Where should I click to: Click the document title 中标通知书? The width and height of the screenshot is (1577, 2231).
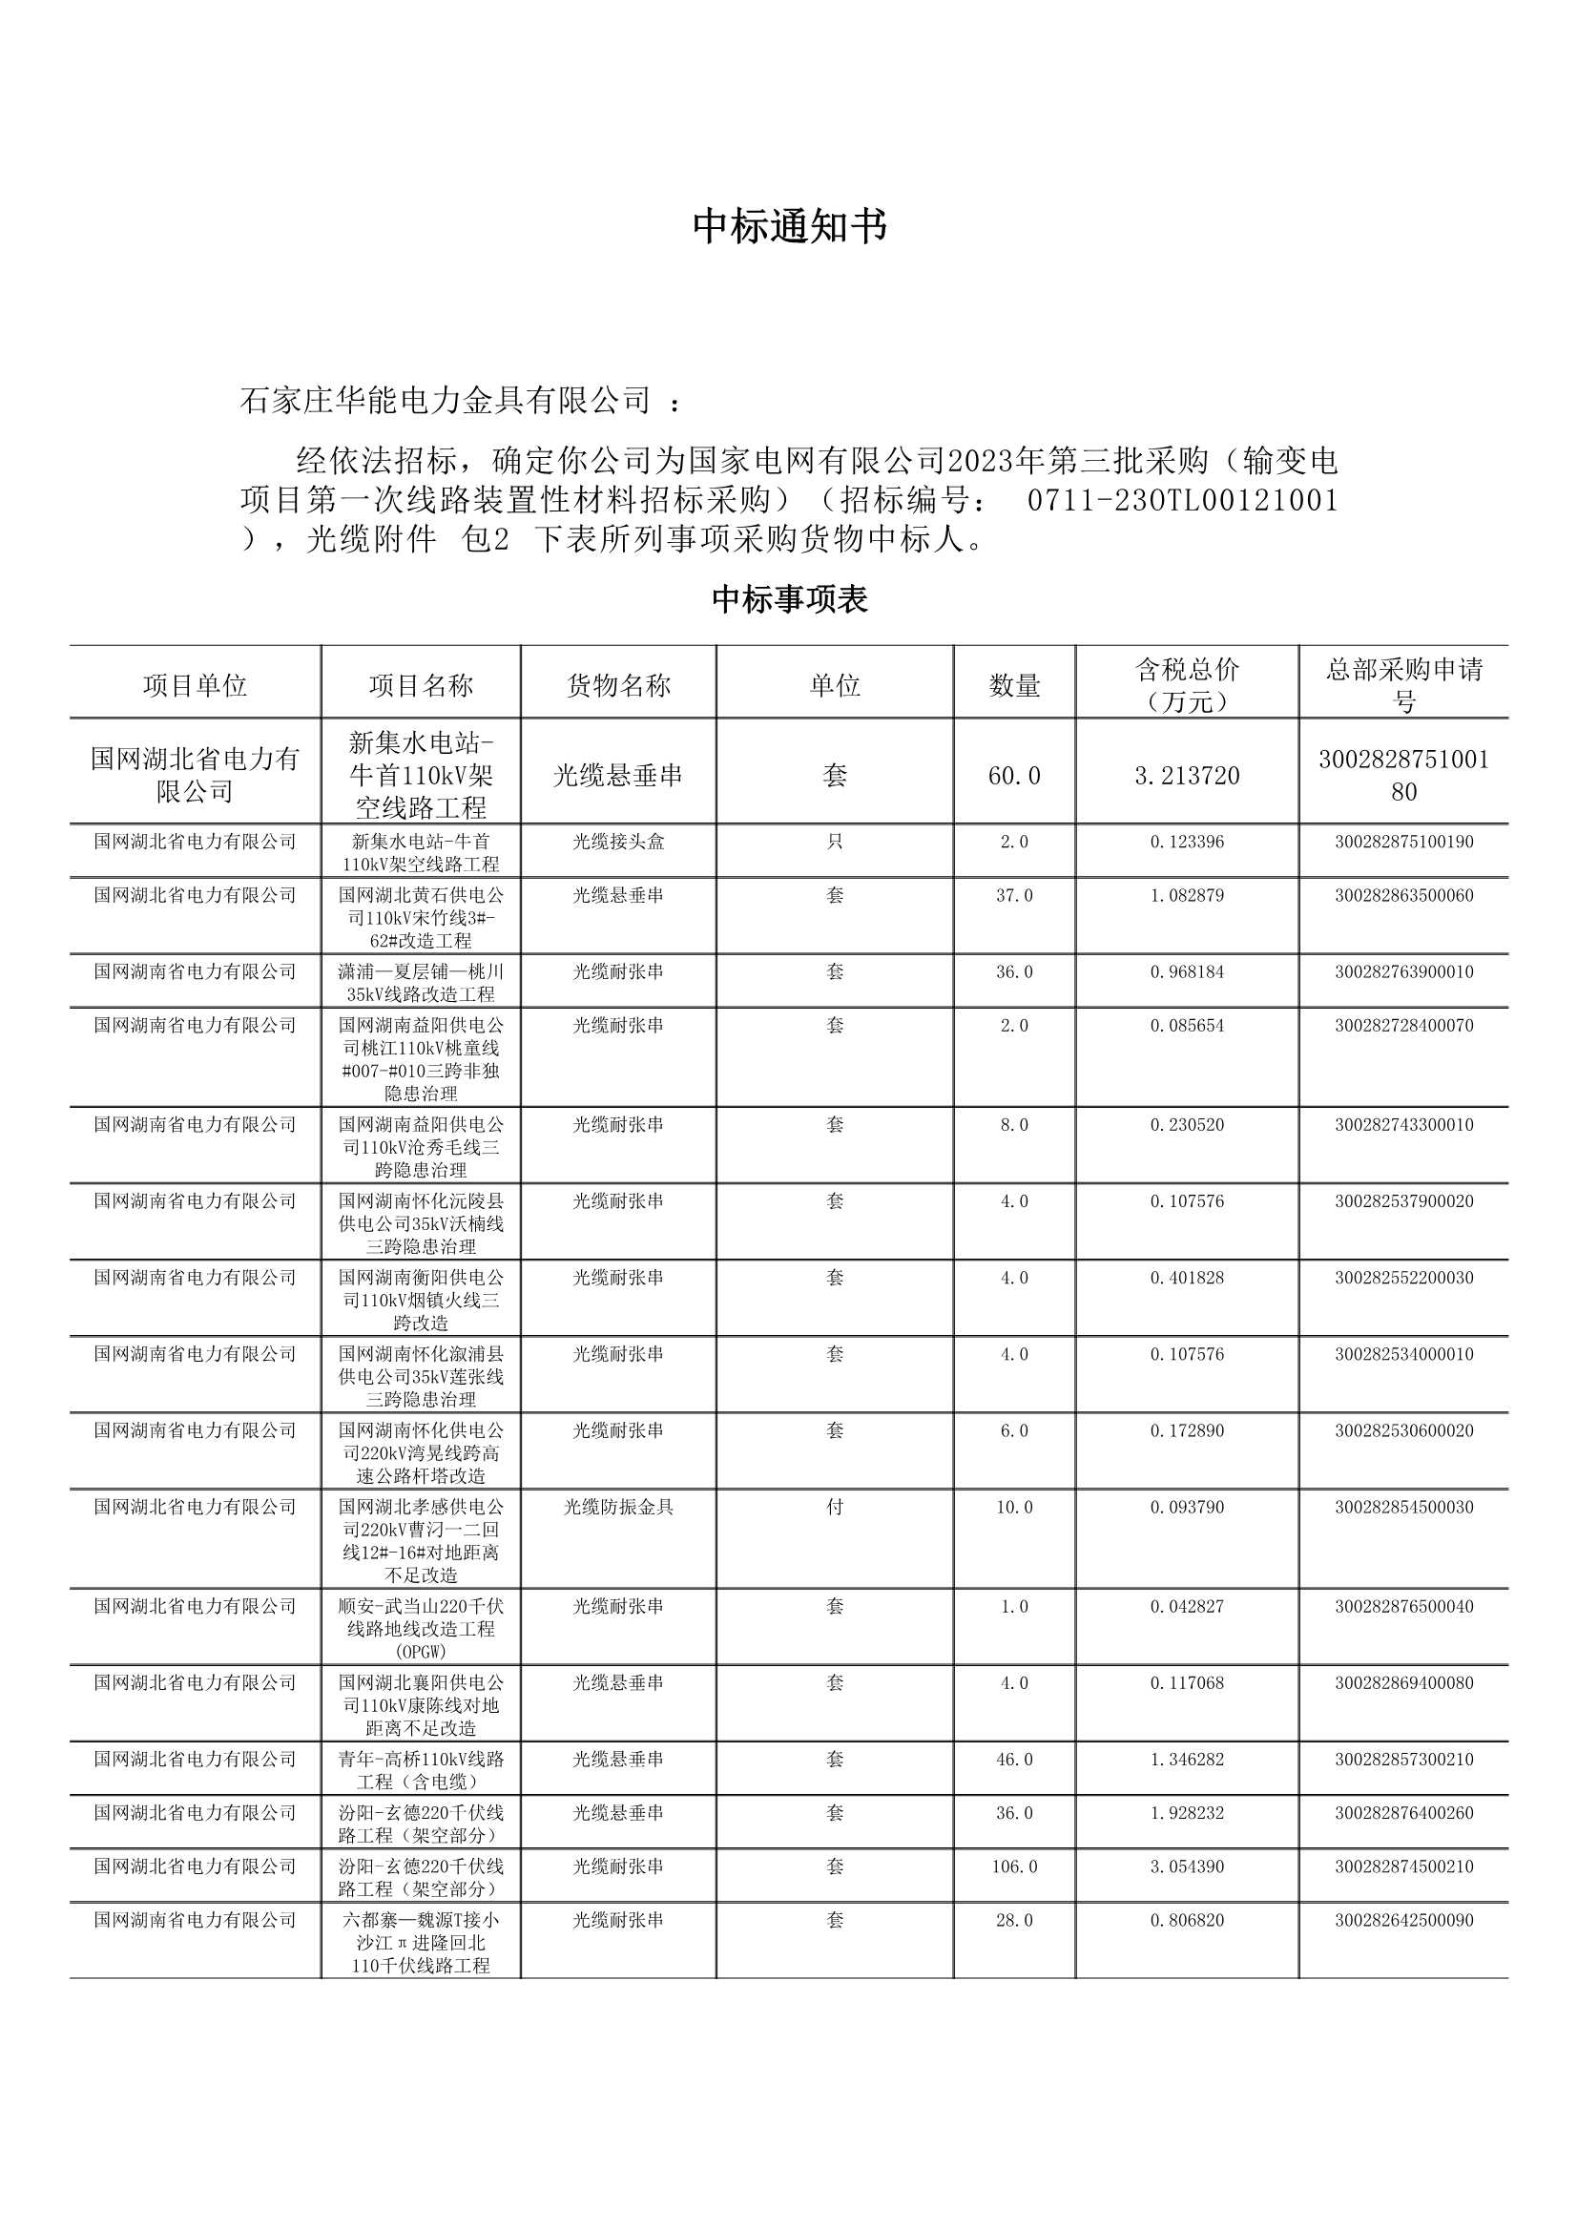789,226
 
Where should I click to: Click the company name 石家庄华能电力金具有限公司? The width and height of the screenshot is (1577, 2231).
445,401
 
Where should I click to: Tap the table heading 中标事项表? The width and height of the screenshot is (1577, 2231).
789,599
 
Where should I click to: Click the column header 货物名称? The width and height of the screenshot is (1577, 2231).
618,686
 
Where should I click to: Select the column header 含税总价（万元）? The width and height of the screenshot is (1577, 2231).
1187,685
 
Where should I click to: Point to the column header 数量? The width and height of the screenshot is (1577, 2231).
1014,686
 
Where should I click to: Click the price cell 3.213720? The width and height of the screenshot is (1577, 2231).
1187,776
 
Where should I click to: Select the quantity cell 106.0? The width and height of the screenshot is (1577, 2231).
1014,1866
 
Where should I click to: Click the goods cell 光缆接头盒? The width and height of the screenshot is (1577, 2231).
618,842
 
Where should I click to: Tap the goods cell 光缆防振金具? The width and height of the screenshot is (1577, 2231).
618,1507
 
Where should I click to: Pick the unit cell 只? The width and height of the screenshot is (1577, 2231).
835,842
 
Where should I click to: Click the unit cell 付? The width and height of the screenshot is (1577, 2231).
835,1507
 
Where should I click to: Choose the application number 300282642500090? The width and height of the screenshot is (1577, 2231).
1403,1920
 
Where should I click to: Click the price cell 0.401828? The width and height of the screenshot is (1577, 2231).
1187,1278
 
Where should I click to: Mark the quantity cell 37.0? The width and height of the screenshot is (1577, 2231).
1014,895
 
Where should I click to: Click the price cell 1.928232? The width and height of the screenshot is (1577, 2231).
1187,1813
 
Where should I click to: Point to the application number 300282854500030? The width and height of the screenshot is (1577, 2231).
1403,1507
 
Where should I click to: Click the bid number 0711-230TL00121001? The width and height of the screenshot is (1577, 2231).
1182,500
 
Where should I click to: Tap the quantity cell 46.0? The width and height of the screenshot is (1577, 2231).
1014,1760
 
